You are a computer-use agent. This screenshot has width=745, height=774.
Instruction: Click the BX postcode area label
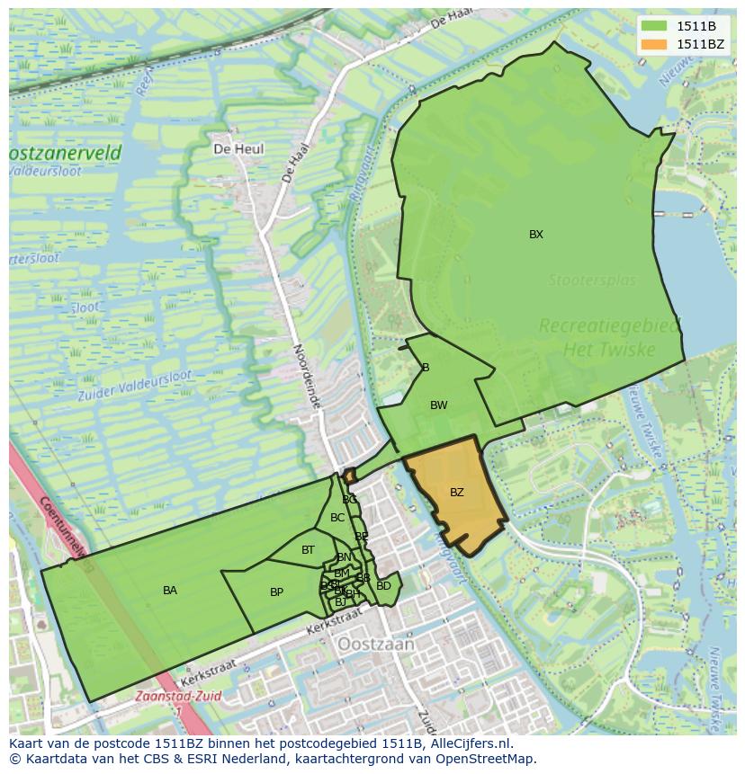click(536, 235)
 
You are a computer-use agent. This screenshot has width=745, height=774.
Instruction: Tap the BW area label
click(438, 405)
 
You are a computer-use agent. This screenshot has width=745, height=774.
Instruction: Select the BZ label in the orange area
click(457, 493)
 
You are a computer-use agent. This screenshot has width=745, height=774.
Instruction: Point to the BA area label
click(170, 591)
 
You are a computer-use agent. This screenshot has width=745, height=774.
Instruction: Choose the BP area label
click(276, 592)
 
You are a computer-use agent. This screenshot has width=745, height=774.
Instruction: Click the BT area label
click(308, 550)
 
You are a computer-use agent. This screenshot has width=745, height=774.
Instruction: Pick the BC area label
click(337, 518)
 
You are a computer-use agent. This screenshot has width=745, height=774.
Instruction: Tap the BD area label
click(383, 586)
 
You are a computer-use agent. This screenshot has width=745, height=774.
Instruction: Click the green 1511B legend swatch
click(654, 25)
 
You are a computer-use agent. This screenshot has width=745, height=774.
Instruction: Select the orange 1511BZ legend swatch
click(654, 44)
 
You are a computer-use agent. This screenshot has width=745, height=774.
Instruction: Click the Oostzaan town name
click(376, 645)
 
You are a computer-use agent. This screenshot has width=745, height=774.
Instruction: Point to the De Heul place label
click(238, 148)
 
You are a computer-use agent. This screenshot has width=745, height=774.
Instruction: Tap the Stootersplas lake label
click(592, 280)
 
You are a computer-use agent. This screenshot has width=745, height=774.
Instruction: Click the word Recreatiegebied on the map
click(610, 326)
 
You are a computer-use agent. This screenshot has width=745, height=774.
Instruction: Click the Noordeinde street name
click(307, 377)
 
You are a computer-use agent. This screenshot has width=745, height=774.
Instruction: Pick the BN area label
click(344, 557)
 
